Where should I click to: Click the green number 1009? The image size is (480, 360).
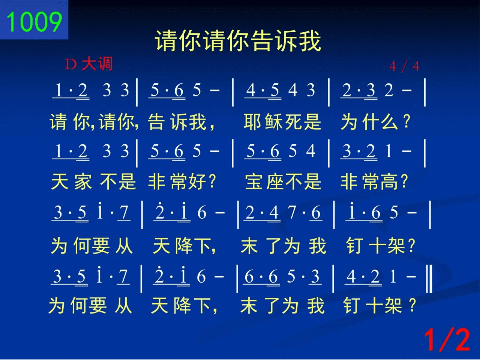pyautogui.click(x=34, y=22)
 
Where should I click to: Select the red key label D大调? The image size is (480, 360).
pyautogui.click(x=89, y=64)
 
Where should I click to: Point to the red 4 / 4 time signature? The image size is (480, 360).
pyautogui.click(x=404, y=66)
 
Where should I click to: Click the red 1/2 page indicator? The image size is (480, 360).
pyautogui.click(x=447, y=340)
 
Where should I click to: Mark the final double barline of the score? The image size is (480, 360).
pyautogui.click(x=429, y=279)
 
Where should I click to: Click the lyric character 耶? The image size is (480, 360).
pyautogui.click(x=252, y=122)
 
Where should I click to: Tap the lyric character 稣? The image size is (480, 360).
pyautogui.click(x=273, y=122)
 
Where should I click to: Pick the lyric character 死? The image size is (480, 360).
pyautogui.click(x=293, y=122)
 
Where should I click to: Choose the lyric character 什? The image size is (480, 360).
pyautogui.click(x=370, y=122)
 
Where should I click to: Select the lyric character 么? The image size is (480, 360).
pyautogui.click(x=389, y=122)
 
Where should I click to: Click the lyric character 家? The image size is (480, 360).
pyautogui.click(x=83, y=182)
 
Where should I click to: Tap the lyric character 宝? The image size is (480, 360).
pyautogui.click(x=253, y=182)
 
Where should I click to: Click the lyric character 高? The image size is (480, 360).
pyautogui.click(x=389, y=182)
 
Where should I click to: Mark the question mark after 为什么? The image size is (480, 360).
pyautogui.click(x=407, y=121)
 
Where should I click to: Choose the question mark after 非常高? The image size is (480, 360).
pyautogui.click(x=404, y=181)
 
